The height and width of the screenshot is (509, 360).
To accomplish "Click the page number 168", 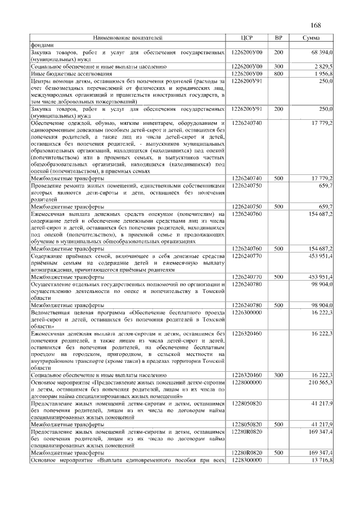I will pyautogui.click(x=315, y=25).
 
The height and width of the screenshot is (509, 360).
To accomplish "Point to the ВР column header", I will pyautogui.click(x=278, y=38).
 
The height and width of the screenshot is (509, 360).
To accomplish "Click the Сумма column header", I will pyautogui.click(x=312, y=38).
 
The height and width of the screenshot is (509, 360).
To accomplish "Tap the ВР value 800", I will pyautogui.click(x=278, y=73).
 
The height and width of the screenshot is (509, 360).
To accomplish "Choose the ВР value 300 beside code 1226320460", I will pyautogui.click(x=278, y=373).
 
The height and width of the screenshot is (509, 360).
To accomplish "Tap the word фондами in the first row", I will pyautogui.click(x=42, y=44).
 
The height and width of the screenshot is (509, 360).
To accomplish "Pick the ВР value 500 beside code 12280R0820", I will pyautogui.click(x=278, y=452).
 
